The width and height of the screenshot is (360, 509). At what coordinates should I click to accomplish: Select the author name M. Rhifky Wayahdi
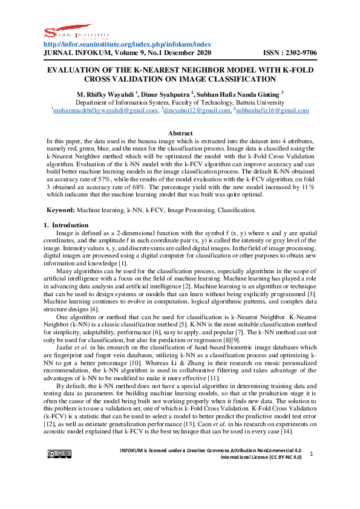[105, 94]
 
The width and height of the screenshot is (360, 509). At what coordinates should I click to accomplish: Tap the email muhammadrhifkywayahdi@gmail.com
[106, 111]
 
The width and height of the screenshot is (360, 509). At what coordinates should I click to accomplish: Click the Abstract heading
[180, 133]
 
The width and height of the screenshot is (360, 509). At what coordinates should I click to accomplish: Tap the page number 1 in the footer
[310, 470]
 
